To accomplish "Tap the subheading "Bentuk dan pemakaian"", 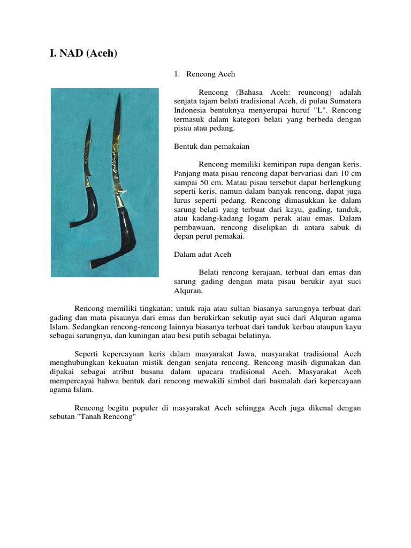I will (x=211, y=146).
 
